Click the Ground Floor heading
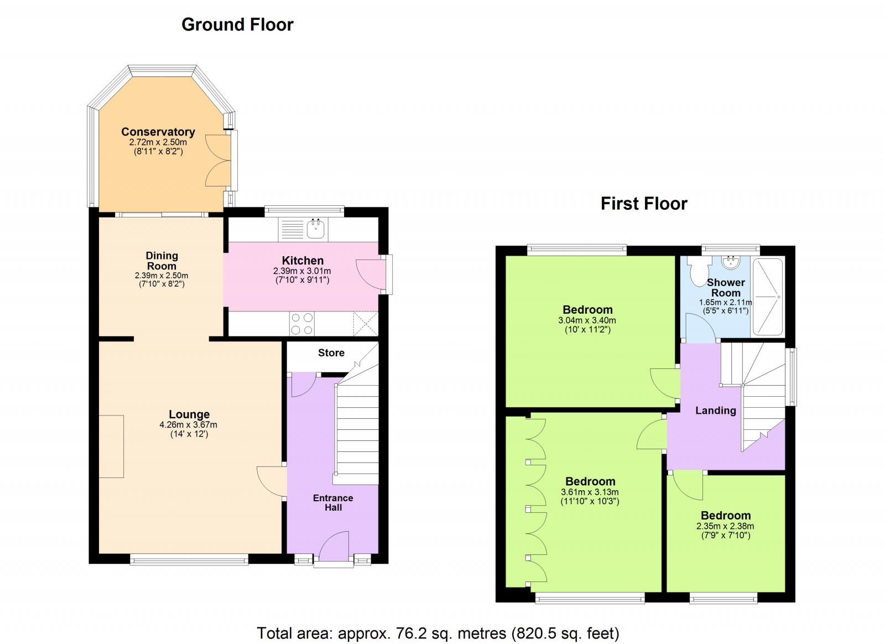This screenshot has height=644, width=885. pyautogui.click(x=237, y=25)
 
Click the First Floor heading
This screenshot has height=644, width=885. pyautogui.click(x=644, y=204)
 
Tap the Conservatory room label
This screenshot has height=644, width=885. pyautogui.click(x=158, y=132)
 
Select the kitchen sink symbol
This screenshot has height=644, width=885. pyautogui.click(x=316, y=228)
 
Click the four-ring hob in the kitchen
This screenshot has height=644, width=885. pyautogui.click(x=301, y=324)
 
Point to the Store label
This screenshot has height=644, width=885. pyautogui.click(x=331, y=353)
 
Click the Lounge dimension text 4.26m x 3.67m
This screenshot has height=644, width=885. pyautogui.click(x=188, y=425)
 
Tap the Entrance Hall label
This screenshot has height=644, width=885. pyautogui.click(x=333, y=502)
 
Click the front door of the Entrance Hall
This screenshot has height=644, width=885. pyautogui.click(x=334, y=548)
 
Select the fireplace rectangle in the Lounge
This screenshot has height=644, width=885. pyautogui.click(x=111, y=446)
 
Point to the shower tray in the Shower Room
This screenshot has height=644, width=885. pyautogui.click(x=768, y=297)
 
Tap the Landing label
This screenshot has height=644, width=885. pyautogui.click(x=715, y=411)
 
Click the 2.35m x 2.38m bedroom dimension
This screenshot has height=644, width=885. pyautogui.click(x=725, y=526)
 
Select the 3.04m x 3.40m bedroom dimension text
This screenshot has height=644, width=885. pyautogui.click(x=587, y=320)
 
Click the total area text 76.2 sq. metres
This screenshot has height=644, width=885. pyautogui.click(x=437, y=633)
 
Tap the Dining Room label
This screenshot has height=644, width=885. pyautogui.click(x=162, y=261)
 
